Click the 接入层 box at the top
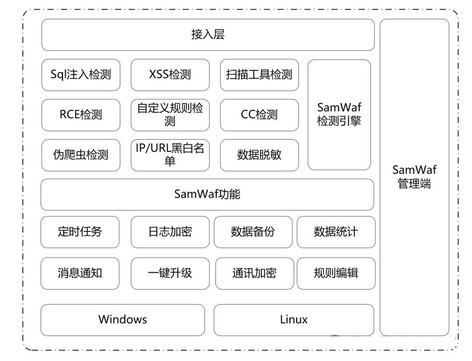click(x=208, y=35)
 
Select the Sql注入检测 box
click(x=81, y=75)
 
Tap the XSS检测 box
click(x=170, y=75)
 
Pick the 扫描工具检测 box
click(x=259, y=75)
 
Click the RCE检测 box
click(x=81, y=115)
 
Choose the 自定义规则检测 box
click(x=170, y=115)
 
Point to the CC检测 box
click(x=259, y=115)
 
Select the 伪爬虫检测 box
click(x=81, y=155)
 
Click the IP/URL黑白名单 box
click(x=170, y=155)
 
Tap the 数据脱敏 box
click(x=259, y=155)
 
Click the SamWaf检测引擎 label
click(x=339, y=114)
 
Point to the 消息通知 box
click(x=80, y=273)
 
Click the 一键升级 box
click(x=170, y=273)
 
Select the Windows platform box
click(x=123, y=320)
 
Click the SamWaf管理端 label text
click(x=414, y=177)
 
